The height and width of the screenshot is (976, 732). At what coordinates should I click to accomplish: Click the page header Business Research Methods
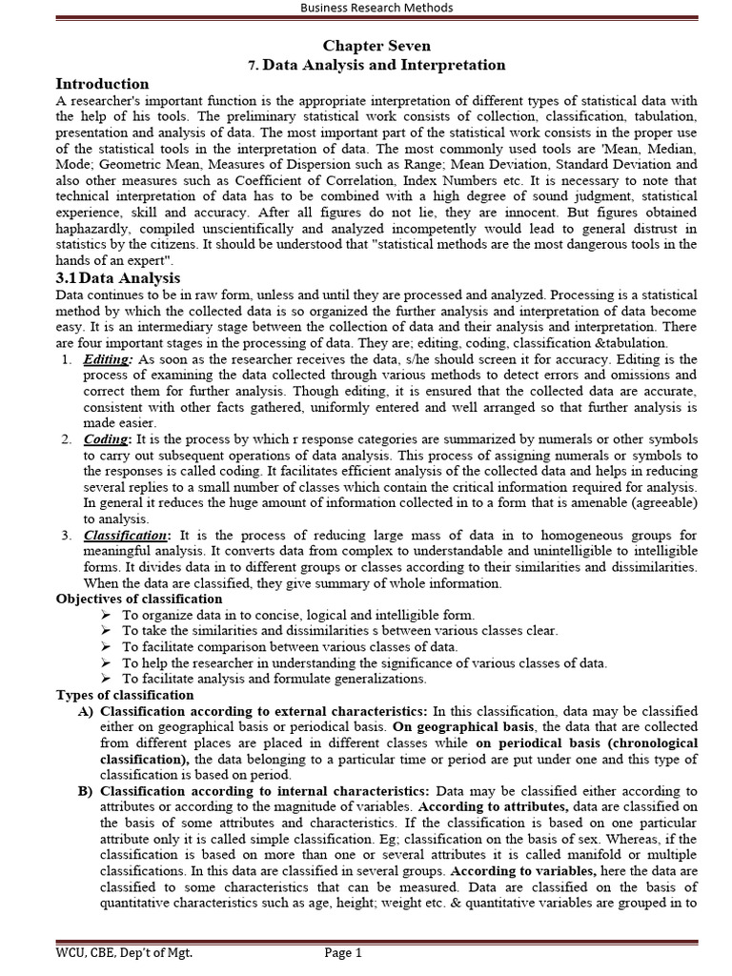(x=376, y=9)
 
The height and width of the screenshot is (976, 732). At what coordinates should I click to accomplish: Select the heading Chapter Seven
(x=376, y=46)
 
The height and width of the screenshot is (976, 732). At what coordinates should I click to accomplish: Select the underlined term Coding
(x=106, y=439)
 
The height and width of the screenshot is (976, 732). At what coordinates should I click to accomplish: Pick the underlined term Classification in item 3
(x=126, y=536)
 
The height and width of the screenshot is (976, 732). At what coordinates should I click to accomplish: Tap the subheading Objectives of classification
(x=139, y=599)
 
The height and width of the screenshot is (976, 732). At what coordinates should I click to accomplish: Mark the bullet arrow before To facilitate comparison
(x=106, y=647)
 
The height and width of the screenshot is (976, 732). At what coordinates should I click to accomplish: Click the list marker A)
(x=85, y=711)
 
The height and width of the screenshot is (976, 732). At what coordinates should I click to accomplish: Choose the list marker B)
(x=85, y=791)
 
